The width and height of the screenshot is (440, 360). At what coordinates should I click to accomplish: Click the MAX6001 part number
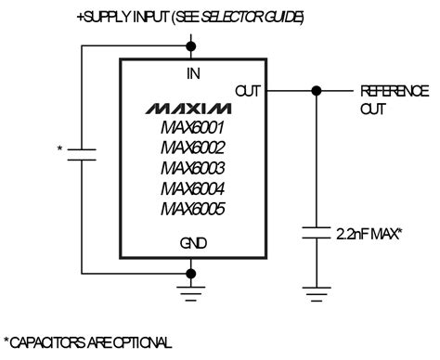tap(192, 127)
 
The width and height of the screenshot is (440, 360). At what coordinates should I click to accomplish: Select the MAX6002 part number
tap(192, 148)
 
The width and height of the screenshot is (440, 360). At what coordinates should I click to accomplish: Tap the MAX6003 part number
tap(192, 168)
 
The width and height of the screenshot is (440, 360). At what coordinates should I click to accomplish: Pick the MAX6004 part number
tap(192, 188)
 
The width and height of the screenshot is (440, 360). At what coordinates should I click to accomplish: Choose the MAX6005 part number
tap(192, 209)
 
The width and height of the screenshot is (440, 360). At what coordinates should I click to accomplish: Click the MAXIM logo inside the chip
tap(192, 105)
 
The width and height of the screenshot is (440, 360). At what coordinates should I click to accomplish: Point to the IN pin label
tap(192, 72)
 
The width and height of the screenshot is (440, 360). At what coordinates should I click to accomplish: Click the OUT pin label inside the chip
tap(248, 91)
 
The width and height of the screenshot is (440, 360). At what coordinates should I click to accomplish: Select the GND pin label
tap(192, 244)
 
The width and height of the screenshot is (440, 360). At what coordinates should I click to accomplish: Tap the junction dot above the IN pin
tap(192, 44)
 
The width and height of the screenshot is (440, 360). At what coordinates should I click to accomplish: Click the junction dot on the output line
tap(317, 91)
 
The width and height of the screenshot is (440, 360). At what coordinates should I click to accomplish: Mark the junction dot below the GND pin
tap(192, 273)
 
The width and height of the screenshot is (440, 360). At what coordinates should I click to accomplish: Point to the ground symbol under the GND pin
tap(192, 295)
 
